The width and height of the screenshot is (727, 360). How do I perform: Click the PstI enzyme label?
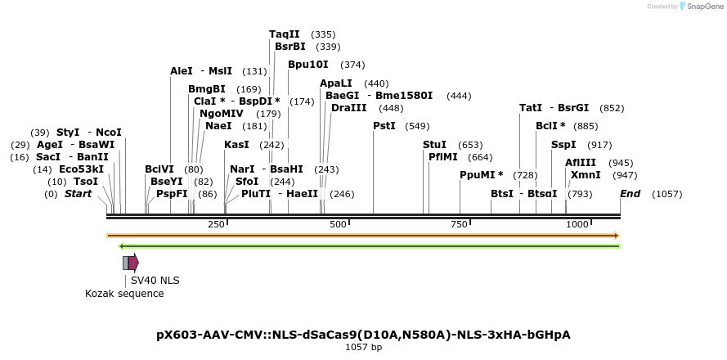384,126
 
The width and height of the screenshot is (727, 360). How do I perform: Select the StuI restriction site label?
434,145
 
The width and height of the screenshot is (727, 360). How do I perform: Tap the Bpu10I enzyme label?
307,65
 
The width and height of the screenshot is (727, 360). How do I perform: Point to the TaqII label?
284,34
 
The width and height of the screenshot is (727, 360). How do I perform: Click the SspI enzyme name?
563,145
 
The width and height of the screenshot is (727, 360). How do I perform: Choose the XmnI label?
586,174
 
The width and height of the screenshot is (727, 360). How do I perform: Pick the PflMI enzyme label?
444,156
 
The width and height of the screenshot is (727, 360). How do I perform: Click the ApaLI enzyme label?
336,83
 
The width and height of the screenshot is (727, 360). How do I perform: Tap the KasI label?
236,145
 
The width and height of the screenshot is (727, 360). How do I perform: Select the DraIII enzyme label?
348,108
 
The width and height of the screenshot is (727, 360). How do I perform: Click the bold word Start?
78,194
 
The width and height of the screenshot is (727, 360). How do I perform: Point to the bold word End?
630,194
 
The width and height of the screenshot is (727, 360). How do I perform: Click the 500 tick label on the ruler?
337,224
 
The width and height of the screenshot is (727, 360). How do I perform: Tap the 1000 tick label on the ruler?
577,224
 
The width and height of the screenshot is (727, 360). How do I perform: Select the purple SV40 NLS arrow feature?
132,263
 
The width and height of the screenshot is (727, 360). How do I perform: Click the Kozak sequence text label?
124,293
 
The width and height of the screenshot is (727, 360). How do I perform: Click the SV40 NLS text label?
155,280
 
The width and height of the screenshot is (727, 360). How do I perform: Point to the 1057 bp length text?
363,348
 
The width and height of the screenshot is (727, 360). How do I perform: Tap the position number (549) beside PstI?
417,126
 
